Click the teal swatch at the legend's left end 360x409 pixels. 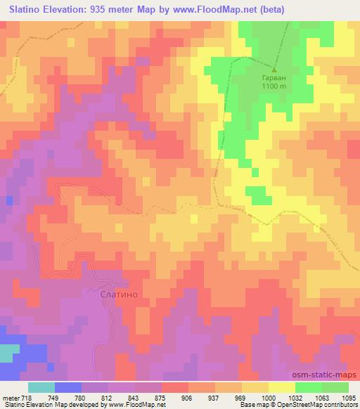pos(41,387)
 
